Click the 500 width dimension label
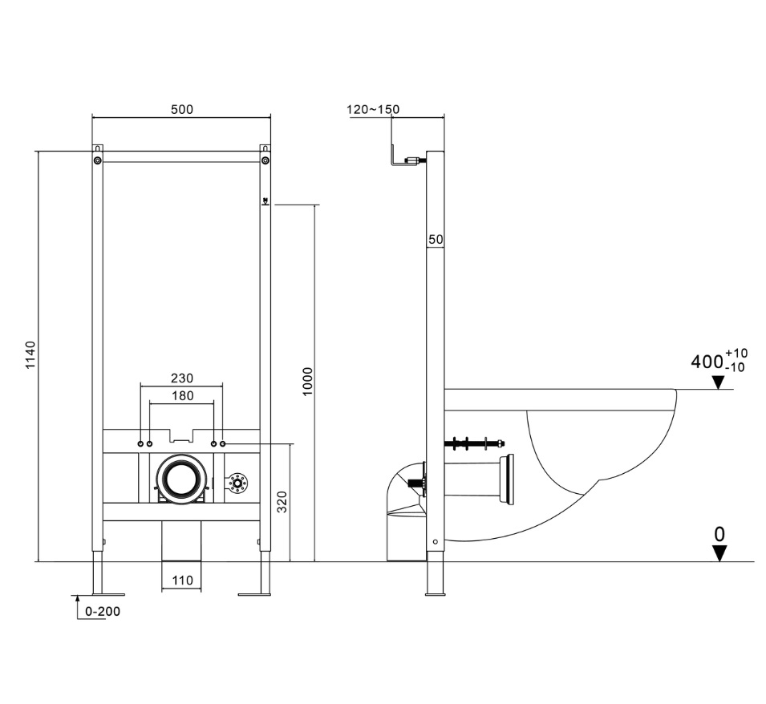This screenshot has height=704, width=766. pyautogui.click(x=182, y=109)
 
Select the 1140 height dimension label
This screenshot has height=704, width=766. pyautogui.click(x=30, y=355)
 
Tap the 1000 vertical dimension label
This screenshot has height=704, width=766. pyautogui.click(x=307, y=382)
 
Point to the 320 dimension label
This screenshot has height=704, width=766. pyautogui.click(x=282, y=502)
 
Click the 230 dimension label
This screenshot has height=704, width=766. pyautogui.click(x=182, y=378)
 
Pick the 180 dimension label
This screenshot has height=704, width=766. pyautogui.click(x=182, y=395)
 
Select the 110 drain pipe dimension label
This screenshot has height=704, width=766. pyautogui.click(x=182, y=580)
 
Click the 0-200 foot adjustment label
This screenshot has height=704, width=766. pyautogui.click(x=103, y=611)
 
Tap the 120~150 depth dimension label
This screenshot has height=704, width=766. pyautogui.click(x=373, y=109)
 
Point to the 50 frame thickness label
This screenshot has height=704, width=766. pyautogui.click(x=436, y=239)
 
